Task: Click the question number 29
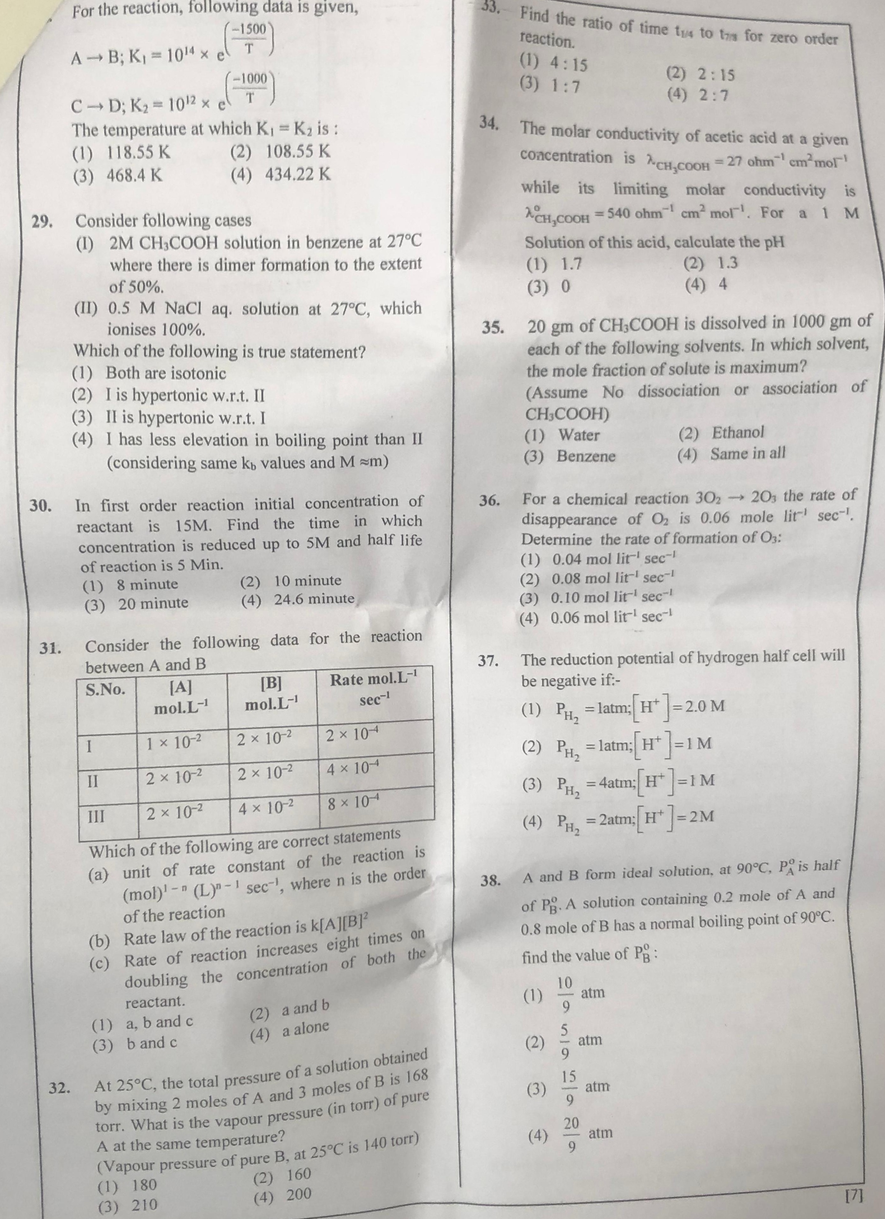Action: pos(40,222)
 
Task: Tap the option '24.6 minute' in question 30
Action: pos(314,599)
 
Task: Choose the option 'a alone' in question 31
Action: pos(305,1028)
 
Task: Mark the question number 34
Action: pos(489,123)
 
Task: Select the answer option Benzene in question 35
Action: pos(586,456)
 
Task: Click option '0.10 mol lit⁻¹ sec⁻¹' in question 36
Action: pos(613,598)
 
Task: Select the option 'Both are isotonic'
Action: pos(165,373)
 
